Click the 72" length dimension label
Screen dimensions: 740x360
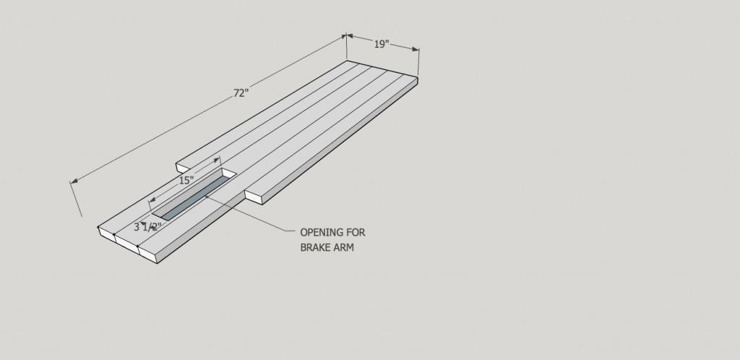pos(241,93)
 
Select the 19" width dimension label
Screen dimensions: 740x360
pos(382,44)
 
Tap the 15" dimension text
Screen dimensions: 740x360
pos(186,180)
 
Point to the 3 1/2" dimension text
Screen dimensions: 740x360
pos(147,227)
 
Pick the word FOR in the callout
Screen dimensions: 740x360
pos(357,233)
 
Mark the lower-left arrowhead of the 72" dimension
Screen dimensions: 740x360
pos(74,181)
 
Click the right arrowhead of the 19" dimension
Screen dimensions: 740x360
pos(416,48)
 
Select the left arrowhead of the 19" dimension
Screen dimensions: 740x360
pos(350,35)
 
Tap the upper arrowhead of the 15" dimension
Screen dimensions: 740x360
pos(217,160)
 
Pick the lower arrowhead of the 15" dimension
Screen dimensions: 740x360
pos(152,200)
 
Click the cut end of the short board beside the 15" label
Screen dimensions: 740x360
pos(182,167)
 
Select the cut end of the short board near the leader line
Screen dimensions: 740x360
pos(254,197)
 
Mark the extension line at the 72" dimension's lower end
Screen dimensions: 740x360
pos(76,199)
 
